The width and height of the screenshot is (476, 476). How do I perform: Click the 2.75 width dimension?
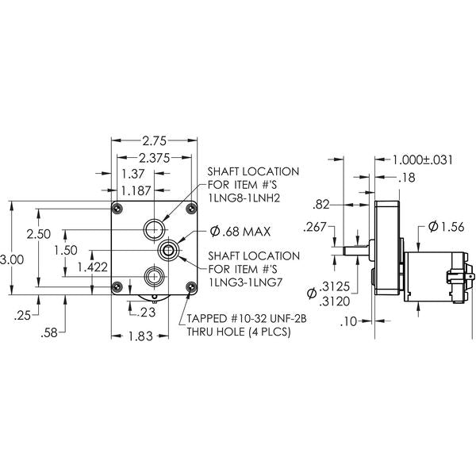[155, 141]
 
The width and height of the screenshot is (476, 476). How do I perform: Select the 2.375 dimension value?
[155, 158]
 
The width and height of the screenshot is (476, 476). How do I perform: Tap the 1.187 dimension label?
[136, 191]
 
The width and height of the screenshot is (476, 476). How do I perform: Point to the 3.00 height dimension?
[12, 260]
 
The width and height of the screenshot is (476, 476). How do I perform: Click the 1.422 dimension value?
[93, 267]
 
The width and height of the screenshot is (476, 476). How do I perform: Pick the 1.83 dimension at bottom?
[140, 336]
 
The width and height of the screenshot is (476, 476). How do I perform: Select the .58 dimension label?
[49, 332]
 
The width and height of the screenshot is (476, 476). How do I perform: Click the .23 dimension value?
[146, 312]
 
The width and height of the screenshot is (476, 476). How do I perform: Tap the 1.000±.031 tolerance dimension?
[423, 159]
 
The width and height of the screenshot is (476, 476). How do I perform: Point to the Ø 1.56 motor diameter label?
[446, 227]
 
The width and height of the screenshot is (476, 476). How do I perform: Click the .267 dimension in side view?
[314, 227]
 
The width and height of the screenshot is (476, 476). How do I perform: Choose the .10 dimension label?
[349, 322]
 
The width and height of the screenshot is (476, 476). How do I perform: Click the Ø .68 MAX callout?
[240, 232]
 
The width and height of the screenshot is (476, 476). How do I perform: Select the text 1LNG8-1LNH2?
[244, 198]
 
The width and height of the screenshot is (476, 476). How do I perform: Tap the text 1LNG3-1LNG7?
[245, 282]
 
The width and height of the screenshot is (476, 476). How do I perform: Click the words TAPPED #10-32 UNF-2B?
[247, 318]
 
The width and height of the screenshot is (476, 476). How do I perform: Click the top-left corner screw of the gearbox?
[117, 209]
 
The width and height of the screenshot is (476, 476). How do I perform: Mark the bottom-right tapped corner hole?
[191, 286]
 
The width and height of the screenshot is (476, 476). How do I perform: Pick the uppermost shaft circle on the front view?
[155, 229]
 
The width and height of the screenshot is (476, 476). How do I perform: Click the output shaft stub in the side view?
[355, 251]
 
